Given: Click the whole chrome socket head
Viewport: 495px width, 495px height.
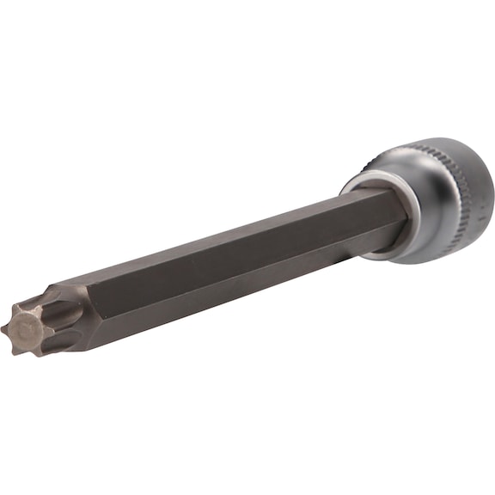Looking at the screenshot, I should [x=430, y=202].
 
